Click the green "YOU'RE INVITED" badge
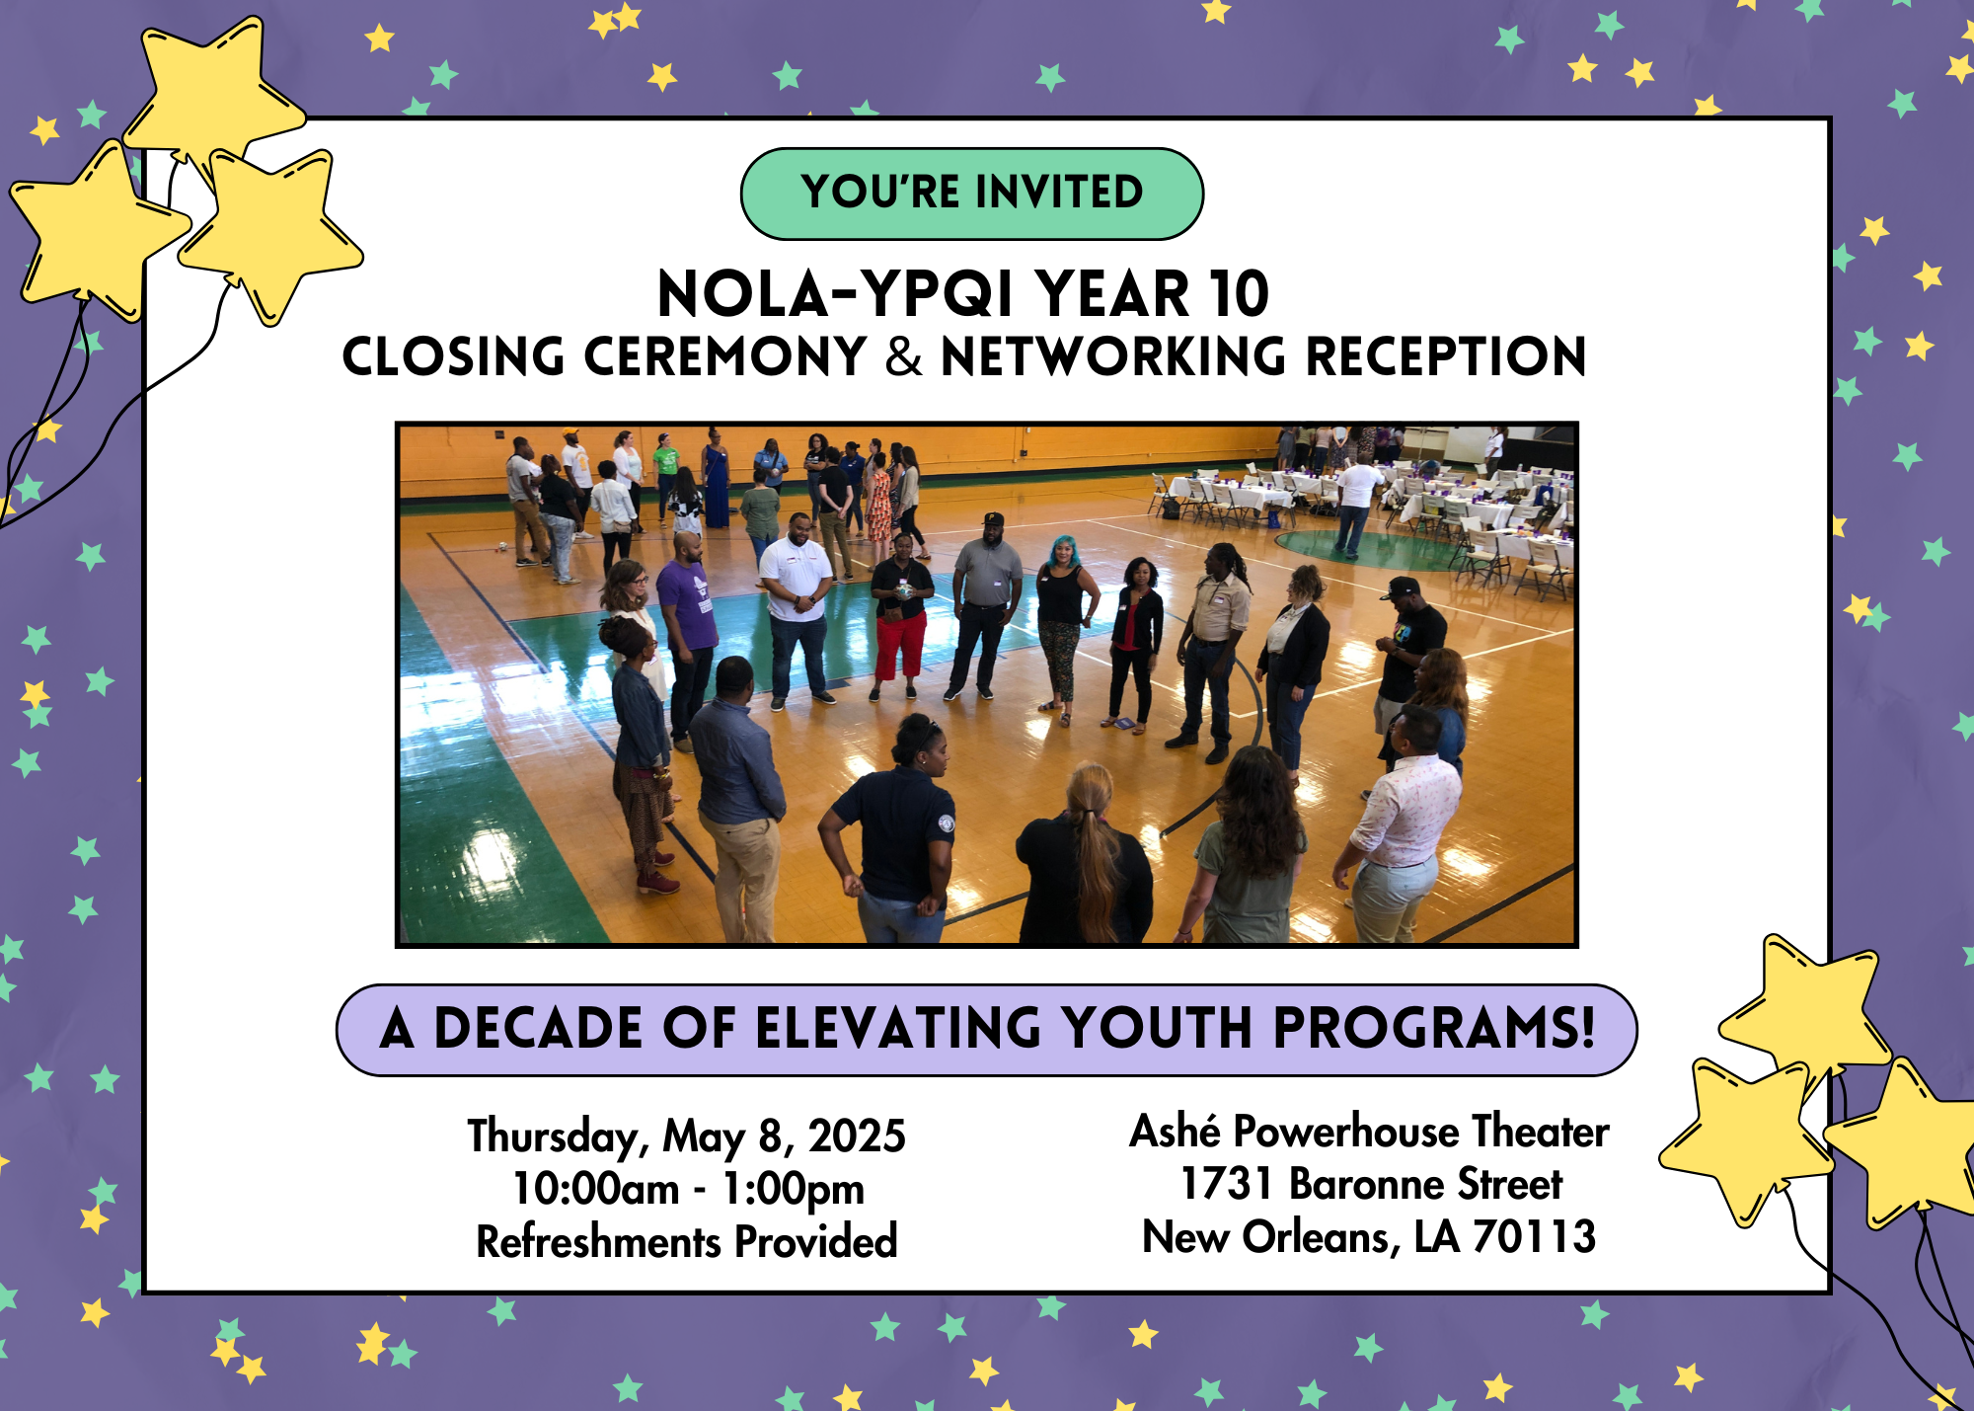click(972, 194)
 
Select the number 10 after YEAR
click(1239, 294)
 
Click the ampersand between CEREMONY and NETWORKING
click(903, 357)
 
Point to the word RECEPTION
click(1445, 357)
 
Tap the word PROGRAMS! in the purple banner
click(1434, 1029)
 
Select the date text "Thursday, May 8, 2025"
click(686, 1136)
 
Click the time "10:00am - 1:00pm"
click(688, 1189)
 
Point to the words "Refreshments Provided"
click(687, 1242)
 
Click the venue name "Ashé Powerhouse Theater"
click(1369, 1132)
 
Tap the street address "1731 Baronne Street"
click(1371, 1184)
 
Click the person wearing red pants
click(900, 622)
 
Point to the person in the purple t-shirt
click(687, 612)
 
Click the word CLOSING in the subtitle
click(453, 357)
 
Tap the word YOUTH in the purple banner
click(1158, 1029)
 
